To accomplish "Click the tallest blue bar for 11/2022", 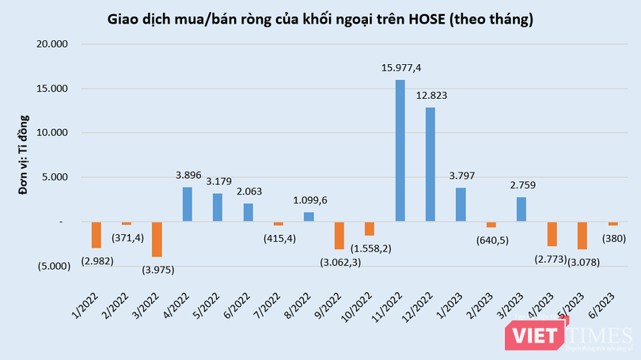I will pyautogui.click(x=400, y=150).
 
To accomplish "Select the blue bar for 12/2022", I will pyautogui.click(x=430, y=165).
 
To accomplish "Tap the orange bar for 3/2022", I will pyautogui.click(x=157, y=239).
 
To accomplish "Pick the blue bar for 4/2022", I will pyautogui.click(x=188, y=204).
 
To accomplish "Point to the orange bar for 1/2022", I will pyautogui.click(x=97, y=235).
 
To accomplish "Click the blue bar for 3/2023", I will pyautogui.click(x=521, y=209).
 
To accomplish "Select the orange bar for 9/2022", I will pyautogui.click(x=339, y=235).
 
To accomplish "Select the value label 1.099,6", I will pyautogui.click(x=309, y=201).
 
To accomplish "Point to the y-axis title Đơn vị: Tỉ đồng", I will pyautogui.click(x=24, y=155).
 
